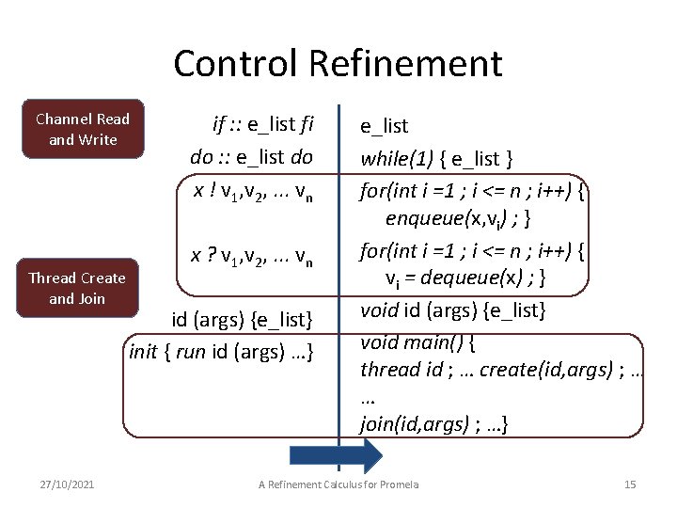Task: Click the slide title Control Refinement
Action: [338, 63]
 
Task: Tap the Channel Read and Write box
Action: [83, 129]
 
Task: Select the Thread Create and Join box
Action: [77, 288]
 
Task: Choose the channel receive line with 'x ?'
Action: [252, 255]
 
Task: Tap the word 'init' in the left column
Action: [143, 352]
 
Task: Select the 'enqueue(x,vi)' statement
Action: [451, 219]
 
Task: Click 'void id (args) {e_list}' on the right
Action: [453, 310]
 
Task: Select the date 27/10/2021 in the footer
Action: [69, 484]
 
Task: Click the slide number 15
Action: [630, 484]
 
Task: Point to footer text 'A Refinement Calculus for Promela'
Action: [338, 484]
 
